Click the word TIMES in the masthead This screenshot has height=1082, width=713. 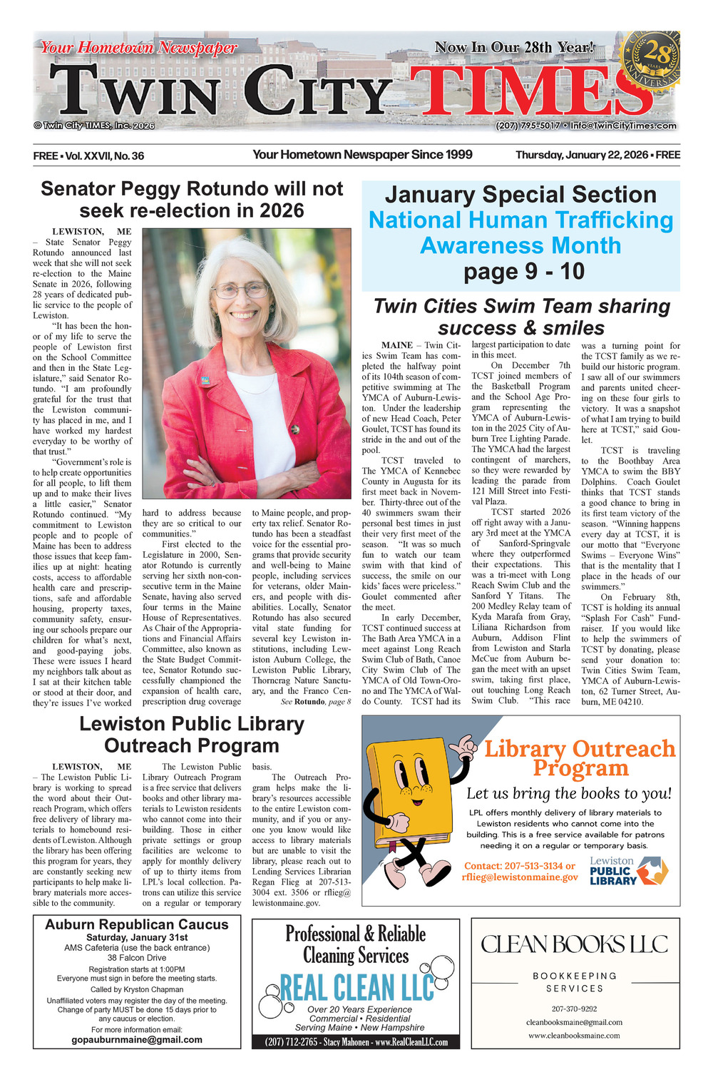[528, 91]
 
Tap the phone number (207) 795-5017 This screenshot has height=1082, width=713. [528, 126]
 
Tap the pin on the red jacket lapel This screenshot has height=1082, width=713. [205, 380]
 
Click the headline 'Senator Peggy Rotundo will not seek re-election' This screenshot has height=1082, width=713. [192, 200]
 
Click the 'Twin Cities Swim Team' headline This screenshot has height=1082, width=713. [521, 317]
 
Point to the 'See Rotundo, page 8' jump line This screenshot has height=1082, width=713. [315, 702]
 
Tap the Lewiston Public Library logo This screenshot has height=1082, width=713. [627, 871]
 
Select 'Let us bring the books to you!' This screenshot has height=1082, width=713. [568, 793]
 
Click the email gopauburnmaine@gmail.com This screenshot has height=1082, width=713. [137, 1039]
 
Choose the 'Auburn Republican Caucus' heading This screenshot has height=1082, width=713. [137, 924]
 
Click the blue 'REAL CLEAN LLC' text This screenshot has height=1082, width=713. [356, 988]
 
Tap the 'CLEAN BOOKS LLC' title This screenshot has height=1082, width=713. [575, 944]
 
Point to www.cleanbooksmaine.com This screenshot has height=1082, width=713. [574, 1035]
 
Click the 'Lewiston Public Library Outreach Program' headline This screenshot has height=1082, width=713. [192, 735]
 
